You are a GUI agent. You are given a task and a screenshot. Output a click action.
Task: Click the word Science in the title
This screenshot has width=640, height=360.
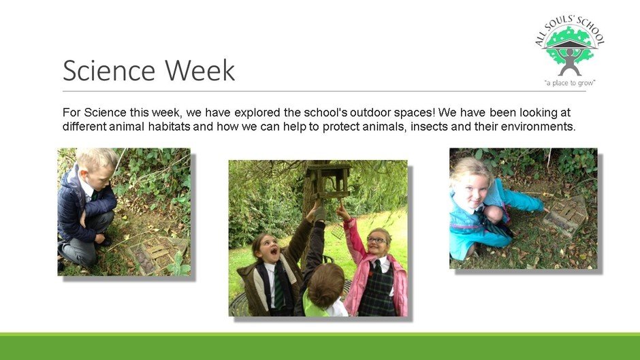pyautogui.click(x=109, y=70)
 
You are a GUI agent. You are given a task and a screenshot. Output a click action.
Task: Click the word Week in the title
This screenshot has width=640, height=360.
pyautogui.click(x=200, y=70)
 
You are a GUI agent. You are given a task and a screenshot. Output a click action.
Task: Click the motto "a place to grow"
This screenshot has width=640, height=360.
pyautogui.click(x=570, y=83)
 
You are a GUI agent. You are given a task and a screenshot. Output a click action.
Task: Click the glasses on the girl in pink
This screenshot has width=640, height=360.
pyautogui.click(x=377, y=240)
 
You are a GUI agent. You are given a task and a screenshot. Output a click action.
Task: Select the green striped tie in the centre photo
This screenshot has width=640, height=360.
pyautogui.click(x=278, y=286)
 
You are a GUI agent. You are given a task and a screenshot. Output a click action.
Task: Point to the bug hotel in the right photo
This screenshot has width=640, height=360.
pyautogui.click(x=566, y=216)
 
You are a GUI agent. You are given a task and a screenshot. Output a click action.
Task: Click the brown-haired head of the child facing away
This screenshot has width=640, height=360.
pyautogui.click(x=325, y=286)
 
